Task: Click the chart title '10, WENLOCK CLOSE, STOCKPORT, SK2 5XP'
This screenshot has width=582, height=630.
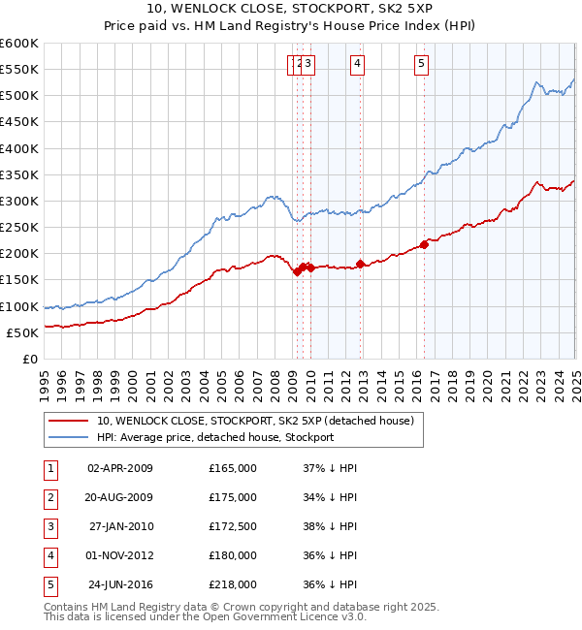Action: pyautogui.click(x=291, y=10)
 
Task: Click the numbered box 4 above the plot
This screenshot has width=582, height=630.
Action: pyautogui.click(x=358, y=65)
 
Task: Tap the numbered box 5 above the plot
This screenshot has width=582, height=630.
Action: pyautogui.click(x=422, y=65)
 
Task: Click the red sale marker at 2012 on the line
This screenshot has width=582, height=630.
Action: pyautogui.click(x=360, y=264)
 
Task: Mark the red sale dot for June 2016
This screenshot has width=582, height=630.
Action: pyautogui.click(x=424, y=243)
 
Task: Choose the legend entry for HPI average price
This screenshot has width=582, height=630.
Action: pyautogui.click(x=215, y=437)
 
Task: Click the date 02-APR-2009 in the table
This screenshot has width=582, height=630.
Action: pyautogui.click(x=120, y=468)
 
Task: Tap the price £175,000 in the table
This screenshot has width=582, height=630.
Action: pyautogui.click(x=233, y=497)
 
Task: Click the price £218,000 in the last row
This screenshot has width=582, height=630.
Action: pyautogui.click(x=233, y=584)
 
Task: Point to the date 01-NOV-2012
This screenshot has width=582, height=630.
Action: pyautogui.click(x=120, y=555)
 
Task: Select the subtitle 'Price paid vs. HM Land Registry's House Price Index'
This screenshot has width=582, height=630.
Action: pyautogui.click(x=291, y=26)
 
